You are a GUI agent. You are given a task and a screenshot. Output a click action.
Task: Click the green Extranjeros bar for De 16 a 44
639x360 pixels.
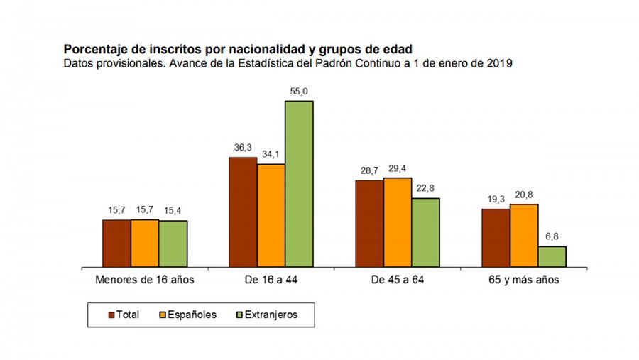299,184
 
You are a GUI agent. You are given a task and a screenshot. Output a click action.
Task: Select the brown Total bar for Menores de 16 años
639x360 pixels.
116,243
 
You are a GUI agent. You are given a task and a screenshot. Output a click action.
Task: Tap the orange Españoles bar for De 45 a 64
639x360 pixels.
398,222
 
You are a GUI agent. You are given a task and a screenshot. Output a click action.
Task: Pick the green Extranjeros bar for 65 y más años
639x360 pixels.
552,256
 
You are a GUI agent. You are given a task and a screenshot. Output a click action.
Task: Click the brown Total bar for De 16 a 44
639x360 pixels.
243,212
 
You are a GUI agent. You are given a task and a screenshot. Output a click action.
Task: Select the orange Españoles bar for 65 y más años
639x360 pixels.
524,235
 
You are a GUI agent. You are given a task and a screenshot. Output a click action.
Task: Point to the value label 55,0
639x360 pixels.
299,92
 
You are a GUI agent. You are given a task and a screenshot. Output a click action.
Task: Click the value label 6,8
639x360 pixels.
552,237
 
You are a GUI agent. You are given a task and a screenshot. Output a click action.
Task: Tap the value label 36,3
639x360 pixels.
243,148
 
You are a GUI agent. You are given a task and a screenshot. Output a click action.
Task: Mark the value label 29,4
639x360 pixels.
398,168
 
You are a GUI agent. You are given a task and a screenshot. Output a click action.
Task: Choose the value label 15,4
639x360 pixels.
173,211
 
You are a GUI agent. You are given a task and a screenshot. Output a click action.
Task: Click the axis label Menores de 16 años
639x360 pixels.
145,280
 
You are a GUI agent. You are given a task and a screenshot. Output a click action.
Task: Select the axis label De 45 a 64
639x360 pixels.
398,280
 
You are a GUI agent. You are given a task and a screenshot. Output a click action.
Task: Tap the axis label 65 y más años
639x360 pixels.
524,280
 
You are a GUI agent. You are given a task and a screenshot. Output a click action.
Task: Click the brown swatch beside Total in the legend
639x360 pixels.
112,315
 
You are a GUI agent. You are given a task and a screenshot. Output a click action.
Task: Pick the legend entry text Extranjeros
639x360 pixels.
273,315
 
